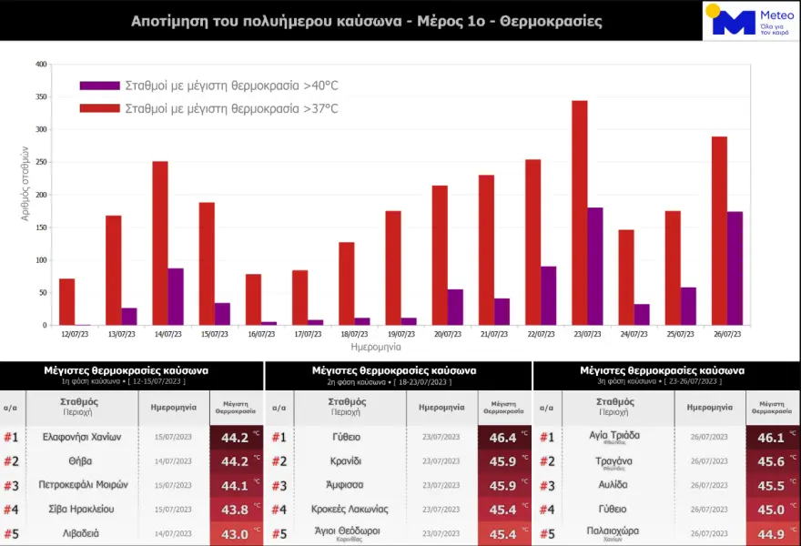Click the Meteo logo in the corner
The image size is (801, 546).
(x=748, y=20)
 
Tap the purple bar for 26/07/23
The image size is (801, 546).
(x=735, y=268)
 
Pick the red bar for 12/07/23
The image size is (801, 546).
(x=66, y=301)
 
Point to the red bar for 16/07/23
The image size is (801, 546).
(x=253, y=299)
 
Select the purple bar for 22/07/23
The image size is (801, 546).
(x=549, y=296)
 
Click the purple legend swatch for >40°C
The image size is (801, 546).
(x=99, y=86)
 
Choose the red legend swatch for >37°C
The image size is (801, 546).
(x=99, y=108)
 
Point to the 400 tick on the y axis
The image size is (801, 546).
(x=41, y=65)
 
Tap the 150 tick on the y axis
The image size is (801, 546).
(x=41, y=227)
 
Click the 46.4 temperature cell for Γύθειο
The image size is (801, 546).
(x=502, y=438)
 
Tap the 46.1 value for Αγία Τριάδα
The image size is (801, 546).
(x=771, y=438)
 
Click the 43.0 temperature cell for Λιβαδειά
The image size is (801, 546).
(x=235, y=533)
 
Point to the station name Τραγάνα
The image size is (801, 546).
(x=614, y=460)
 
